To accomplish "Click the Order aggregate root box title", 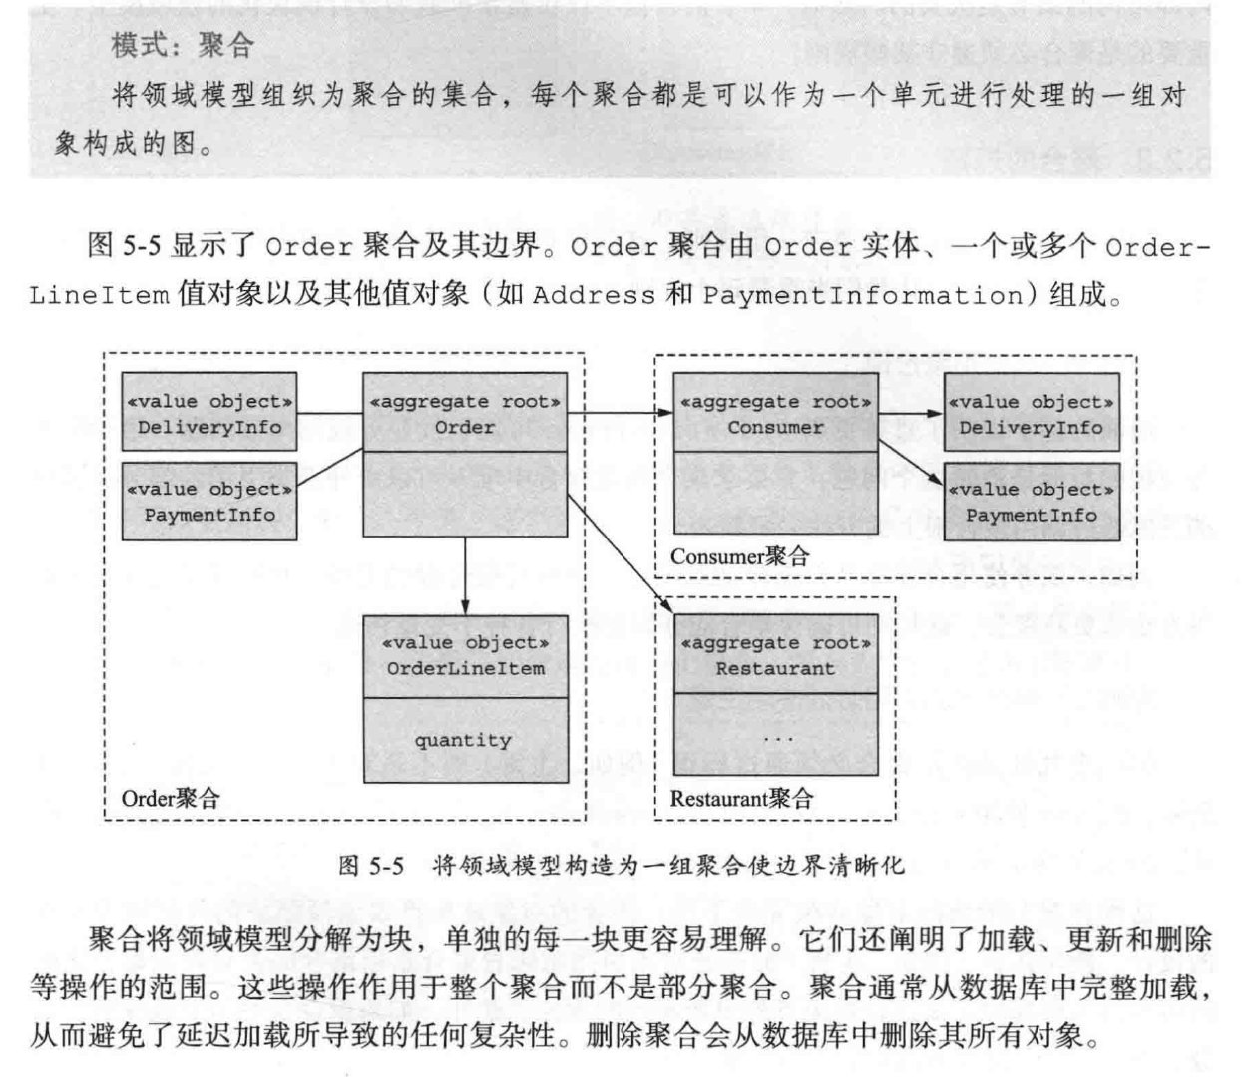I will click(x=465, y=414).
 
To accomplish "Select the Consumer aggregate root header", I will click(x=775, y=414).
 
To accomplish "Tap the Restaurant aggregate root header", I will click(x=775, y=655).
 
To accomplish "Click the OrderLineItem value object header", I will click(x=465, y=655).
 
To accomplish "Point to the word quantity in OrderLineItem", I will click(x=463, y=740).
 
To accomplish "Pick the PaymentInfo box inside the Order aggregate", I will click(x=209, y=502).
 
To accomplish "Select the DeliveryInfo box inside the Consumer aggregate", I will click(x=1032, y=414).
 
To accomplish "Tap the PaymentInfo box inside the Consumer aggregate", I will click(x=1032, y=502).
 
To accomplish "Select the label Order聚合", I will click(x=170, y=798).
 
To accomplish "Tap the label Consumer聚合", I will click(x=739, y=556).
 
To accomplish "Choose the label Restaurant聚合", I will click(x=741, y=798).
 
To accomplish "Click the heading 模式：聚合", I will click(x=183, y=45).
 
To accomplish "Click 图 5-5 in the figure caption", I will click(x=371, y=864).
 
